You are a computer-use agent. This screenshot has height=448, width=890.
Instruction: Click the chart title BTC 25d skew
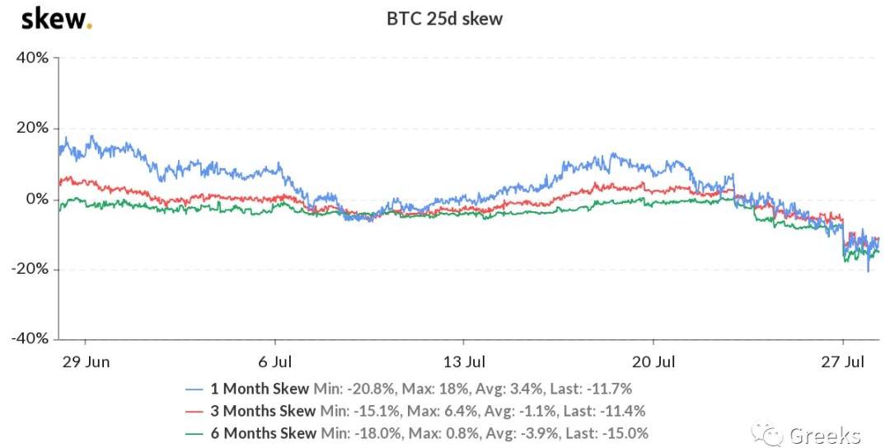coord(445,18)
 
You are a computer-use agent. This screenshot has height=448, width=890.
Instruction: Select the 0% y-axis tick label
coord(37,199)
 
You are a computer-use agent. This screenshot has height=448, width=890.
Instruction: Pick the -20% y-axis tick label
coord(30,270)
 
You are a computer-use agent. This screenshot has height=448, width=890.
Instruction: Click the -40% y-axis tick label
coord(30,339)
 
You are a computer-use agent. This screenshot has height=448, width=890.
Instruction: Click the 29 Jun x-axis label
coord(86,362)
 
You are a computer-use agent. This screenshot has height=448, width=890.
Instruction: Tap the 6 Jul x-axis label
coord(276,362)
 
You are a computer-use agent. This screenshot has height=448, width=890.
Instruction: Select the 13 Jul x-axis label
coord(464,362)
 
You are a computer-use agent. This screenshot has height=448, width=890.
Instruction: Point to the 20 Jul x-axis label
coord(653,362)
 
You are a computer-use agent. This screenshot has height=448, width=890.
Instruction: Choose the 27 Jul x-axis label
coord(843,362)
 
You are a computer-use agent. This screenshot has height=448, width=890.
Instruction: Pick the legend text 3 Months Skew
coord(264,410)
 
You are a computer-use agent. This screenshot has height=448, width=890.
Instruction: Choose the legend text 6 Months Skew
coord(264,432)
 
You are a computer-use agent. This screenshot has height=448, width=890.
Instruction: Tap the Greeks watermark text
coord(824,435)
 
